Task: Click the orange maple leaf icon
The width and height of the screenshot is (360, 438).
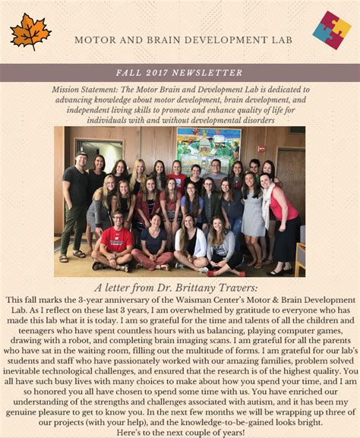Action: (30, 32)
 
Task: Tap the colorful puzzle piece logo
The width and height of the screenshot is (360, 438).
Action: (332, 30)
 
